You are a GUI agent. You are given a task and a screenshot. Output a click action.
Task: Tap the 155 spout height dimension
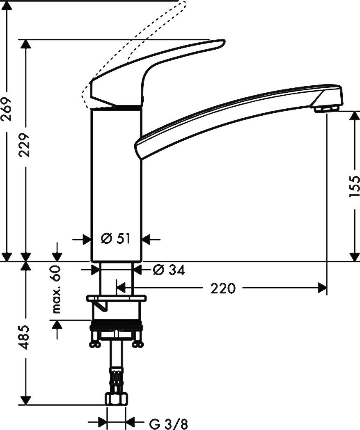354,186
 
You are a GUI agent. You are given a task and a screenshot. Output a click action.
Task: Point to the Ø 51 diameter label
116,238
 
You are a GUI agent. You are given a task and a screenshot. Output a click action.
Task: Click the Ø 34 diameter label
168,270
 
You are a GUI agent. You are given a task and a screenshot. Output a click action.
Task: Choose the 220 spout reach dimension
223,288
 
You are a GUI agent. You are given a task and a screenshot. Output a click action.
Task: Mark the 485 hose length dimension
25,337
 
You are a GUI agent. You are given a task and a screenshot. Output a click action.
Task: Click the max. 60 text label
56,289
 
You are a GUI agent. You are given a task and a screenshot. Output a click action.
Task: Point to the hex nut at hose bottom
117,400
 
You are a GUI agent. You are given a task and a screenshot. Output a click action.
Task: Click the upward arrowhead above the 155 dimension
354,117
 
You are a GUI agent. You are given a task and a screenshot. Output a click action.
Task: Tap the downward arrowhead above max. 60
56,255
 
